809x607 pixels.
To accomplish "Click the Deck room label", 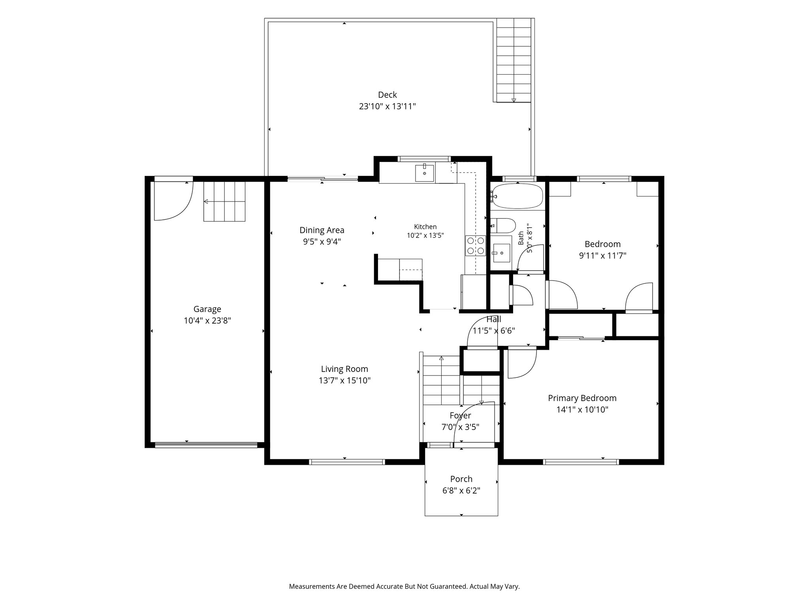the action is (x=387, y=95).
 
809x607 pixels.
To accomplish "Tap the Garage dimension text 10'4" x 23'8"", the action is (x=207, y=320).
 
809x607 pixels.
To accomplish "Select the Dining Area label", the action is (x=322, y=230).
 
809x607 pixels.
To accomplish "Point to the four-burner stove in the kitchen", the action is (x=475, y=245).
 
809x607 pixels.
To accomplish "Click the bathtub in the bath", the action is (x=517, y=196).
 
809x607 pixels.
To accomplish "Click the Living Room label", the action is (x=344, y=369).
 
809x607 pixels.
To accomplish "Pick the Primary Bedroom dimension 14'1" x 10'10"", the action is (x=582, y=410).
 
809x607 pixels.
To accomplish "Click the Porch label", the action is (x=461, y=479).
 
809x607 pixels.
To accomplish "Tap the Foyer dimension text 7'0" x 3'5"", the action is (x=461, y=427).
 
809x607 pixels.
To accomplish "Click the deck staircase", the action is (x=514, y=60).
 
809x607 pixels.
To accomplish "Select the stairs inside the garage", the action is (x=224, y=202).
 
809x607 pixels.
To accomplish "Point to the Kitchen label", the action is (x=425, y=227).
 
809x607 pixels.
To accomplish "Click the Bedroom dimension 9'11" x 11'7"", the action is (x=603, y=256).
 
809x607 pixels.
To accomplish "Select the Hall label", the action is (x=494, y=319).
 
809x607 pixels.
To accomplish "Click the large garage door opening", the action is (x=206, y=445).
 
